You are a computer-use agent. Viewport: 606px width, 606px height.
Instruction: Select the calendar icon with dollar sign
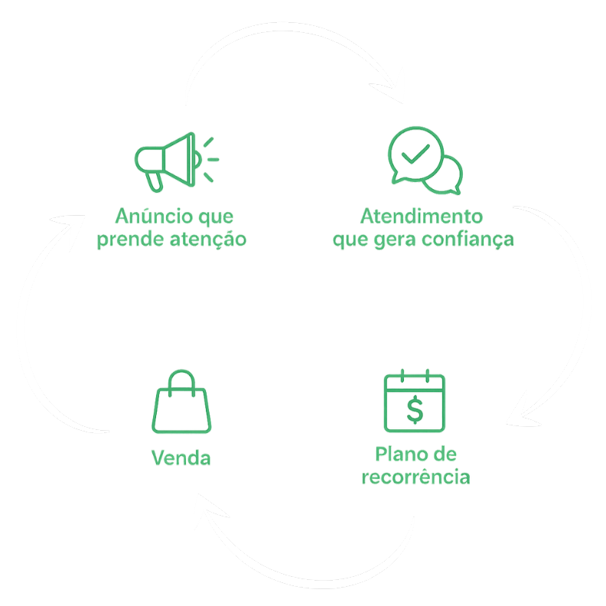pos(414,401)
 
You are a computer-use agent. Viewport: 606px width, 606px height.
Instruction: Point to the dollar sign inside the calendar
pos(414,409)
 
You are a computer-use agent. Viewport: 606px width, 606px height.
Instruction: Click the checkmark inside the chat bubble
pos(414,154)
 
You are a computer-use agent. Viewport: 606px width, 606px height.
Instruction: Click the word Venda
pos(181,458)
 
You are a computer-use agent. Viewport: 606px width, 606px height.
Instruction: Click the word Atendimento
pos(422,216)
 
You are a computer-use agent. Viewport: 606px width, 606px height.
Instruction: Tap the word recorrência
pos(415,478)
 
